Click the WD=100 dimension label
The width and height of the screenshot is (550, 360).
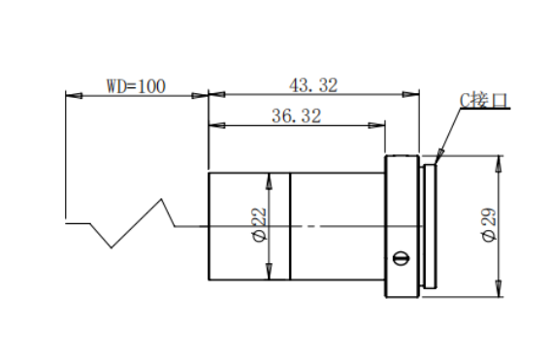tap(136, 86)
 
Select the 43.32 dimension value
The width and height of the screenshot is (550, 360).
tap(313, 85)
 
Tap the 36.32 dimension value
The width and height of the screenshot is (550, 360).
tap(297, 115)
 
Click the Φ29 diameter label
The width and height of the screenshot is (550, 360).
tap(489, 224)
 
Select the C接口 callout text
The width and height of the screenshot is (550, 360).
tap(484, 100)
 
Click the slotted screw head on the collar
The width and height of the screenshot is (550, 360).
tap(402, 258)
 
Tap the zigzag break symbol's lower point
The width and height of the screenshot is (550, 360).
tap(112, 247)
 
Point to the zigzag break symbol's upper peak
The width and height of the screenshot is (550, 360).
tap(161, 199)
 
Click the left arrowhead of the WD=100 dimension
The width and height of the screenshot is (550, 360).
tap(74, 95)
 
